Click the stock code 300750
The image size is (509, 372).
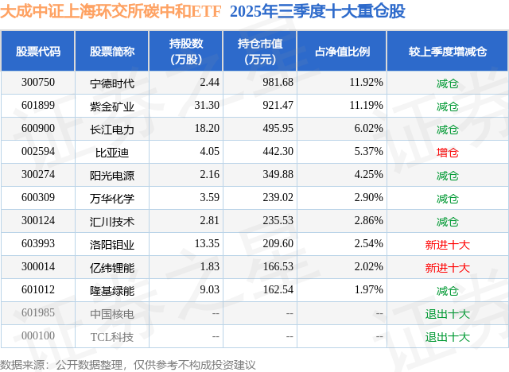point(38,83)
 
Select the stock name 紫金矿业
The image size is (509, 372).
point(112,106)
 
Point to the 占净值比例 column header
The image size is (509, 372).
point(343,52)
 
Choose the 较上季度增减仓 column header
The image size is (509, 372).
point(447,52)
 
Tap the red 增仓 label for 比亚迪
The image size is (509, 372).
point(447,152)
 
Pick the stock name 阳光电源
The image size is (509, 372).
point(112,175)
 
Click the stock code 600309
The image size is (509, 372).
point(38,198)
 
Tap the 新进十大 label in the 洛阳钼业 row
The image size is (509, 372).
point(447,244)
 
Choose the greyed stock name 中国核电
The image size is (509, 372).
point(112,314)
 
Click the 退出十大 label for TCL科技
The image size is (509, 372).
point(447,336)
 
